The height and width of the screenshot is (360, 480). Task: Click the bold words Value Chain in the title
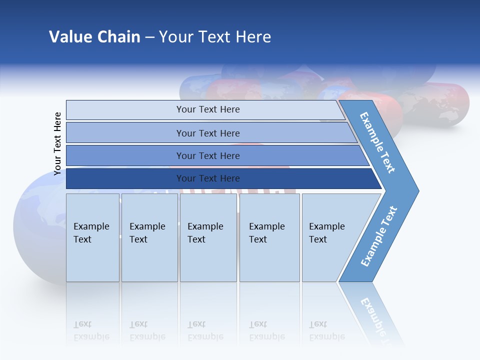pos(94,37)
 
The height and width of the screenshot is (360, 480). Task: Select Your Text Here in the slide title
pos(215,37)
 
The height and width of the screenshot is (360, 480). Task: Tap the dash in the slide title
pos(149,37)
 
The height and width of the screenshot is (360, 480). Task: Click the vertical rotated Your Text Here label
pos(57,143)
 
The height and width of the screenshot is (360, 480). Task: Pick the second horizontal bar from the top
pos(207,133)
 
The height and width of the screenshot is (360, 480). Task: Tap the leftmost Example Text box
pos(92,237)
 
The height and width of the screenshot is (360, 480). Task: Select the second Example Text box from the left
pos(149,237)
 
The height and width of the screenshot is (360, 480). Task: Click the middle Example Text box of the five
pos(208,237)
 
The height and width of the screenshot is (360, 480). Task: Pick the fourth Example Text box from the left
pos(269,237)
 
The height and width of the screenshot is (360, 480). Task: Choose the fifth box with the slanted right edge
pos(330,237)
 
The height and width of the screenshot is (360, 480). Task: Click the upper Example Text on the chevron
pos(377,142)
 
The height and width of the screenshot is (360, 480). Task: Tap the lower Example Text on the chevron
pos(379,236)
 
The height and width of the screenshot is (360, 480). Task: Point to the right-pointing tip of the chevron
pos(416,190)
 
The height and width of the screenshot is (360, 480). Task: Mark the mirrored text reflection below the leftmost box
pos(91,330)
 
